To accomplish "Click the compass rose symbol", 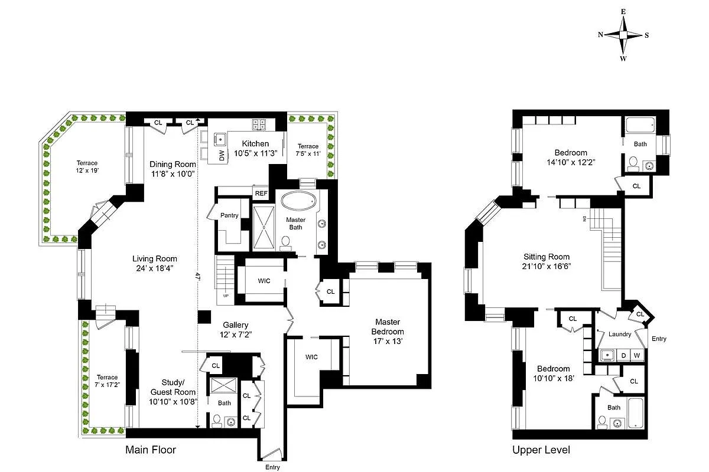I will pyautogui.click(x=623, y=35).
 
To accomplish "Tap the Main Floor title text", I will pyautogui.click(x=151, y=450).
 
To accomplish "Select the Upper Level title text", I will pyautogui.click(x=541, y=450).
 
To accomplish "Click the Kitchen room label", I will pyautogui.click(x=255, y=143).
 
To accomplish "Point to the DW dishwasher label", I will pyautogui.click(x=222, y=156).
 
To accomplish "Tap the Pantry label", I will pyautogui.click(x=229, y=215).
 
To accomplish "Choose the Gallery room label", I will pyautogui.click(x=235, y=325).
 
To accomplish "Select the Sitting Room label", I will pyautogui.click(x=547, y=257).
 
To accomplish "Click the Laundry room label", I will pyautogui.click(x=619, y=334).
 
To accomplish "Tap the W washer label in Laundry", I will pyautogui.click(x=637, y=355).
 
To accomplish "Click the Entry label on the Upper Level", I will pyautogui.click(x=659, y=339).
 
